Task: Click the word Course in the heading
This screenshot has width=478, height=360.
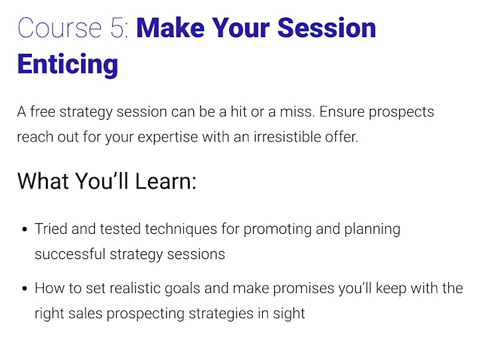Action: [60, 28]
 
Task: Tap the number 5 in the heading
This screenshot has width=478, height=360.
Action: [117, 28]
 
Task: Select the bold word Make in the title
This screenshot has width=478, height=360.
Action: [171, 28]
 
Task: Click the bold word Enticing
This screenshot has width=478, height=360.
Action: [68, 64]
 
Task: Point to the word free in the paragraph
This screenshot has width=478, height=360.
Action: [42, 112]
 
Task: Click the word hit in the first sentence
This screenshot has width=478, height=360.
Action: [238, 112]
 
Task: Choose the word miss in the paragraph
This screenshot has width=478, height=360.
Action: [297, 112]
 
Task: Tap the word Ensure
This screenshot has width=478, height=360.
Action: [342, 112]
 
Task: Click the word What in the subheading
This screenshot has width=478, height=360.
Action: [43, 181]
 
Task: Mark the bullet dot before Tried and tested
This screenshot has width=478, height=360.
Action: [25, 229]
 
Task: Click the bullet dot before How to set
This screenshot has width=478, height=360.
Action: [25, 288]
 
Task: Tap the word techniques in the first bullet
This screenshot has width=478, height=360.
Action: [181, 229]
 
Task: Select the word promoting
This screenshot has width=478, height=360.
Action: [278, 229]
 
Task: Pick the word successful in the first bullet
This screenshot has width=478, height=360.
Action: [70, 254]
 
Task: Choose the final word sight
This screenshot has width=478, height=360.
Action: [289, 314]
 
